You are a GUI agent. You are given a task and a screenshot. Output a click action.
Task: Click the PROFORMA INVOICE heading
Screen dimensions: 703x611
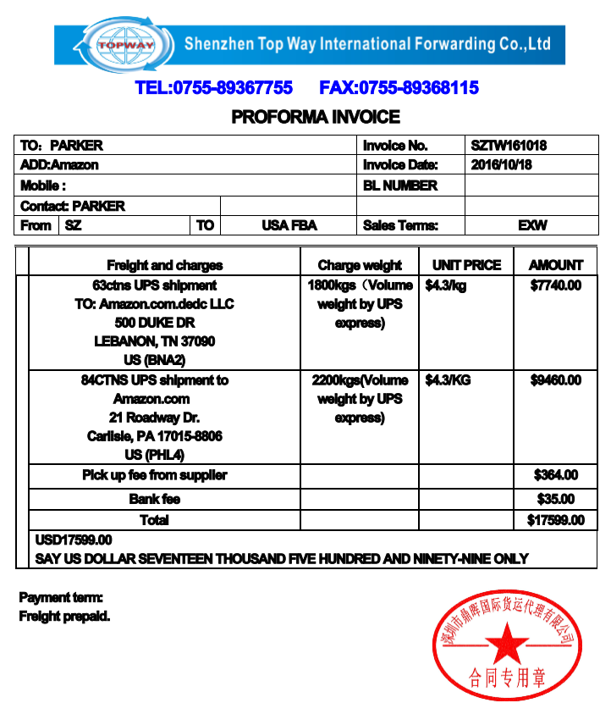[x=316, y=117]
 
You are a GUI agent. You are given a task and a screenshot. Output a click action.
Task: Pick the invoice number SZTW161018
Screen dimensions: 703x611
[x=509, y=146]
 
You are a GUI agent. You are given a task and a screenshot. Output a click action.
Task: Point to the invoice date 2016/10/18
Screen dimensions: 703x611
[x=502, y=165]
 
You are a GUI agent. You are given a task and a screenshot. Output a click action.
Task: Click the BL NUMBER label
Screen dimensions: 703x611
[x=400, y=185]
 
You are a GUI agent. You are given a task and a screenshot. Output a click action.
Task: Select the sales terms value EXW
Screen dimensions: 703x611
[x=532, y=225]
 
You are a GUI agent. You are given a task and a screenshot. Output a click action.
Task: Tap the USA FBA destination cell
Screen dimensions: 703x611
[x=289, y=225]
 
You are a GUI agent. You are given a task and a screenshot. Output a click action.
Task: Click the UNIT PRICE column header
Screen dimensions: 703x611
[x=466, y=265]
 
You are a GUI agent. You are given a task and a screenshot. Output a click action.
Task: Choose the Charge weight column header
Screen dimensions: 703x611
[x=360, y=265]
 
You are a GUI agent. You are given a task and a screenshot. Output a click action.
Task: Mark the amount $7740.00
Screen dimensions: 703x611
[x=556, y=285]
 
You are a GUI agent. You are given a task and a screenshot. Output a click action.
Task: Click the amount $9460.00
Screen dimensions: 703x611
[x=556, y=380]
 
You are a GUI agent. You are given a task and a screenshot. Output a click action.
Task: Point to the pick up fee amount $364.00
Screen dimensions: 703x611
[x=556, y=475]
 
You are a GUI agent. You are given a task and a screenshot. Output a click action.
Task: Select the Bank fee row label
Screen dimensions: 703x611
[x=155, y=499]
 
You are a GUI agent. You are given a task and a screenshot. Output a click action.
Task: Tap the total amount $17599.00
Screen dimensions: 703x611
[x=555, y=520]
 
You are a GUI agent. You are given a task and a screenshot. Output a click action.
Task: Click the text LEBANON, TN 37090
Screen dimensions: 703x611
[x=154, y=341]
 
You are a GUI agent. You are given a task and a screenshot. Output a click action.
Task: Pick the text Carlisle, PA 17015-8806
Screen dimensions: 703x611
[x=154, y=436]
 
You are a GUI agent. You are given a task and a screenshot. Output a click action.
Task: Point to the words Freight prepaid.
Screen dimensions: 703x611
[x=64, y=616]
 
